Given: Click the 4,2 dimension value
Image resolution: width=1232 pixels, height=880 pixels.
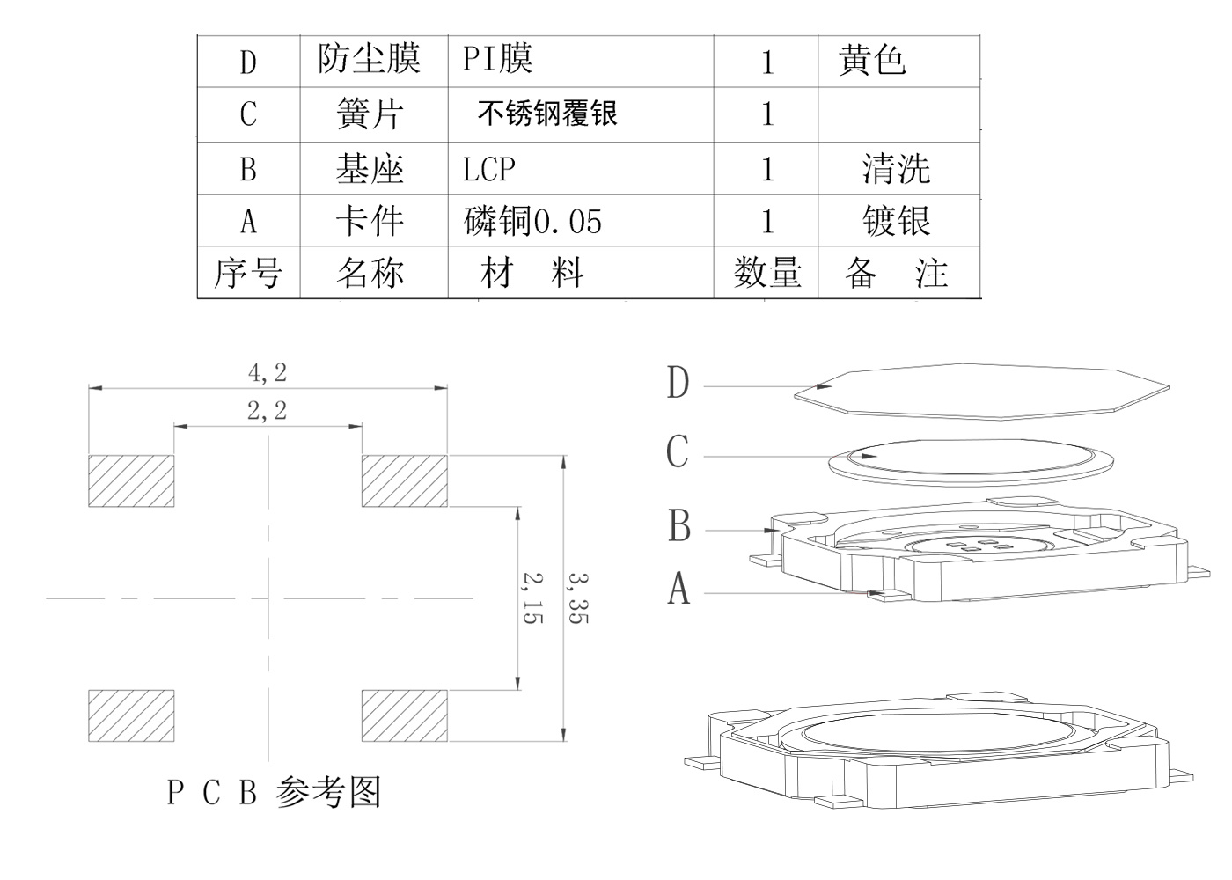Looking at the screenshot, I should [x=268, y=373].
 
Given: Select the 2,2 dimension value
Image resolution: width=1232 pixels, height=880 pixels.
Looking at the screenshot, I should [x=268, y=410].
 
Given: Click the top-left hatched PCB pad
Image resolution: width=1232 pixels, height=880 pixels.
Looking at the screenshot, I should [x=131, y=480].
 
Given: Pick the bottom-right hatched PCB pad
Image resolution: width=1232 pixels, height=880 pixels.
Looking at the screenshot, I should [x=405, y=715].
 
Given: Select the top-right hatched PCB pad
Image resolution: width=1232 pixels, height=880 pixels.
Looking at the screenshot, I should [x=405, y=480].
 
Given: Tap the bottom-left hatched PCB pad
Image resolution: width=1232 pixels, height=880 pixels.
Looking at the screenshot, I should [x=131, y=715].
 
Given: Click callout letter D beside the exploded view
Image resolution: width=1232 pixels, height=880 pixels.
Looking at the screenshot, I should [x=678, y=384].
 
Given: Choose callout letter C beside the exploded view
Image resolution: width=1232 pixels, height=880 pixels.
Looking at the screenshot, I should [x=677, y=453].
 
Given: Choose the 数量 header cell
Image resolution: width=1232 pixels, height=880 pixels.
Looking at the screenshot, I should [x=767, y=273].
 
